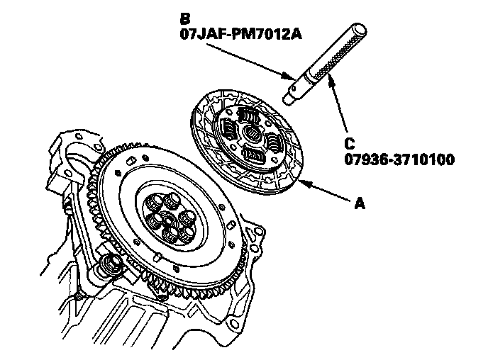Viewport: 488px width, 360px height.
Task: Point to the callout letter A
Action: [x=359, y=204]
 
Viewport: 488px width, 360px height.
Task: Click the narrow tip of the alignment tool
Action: [x=291, y=95]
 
